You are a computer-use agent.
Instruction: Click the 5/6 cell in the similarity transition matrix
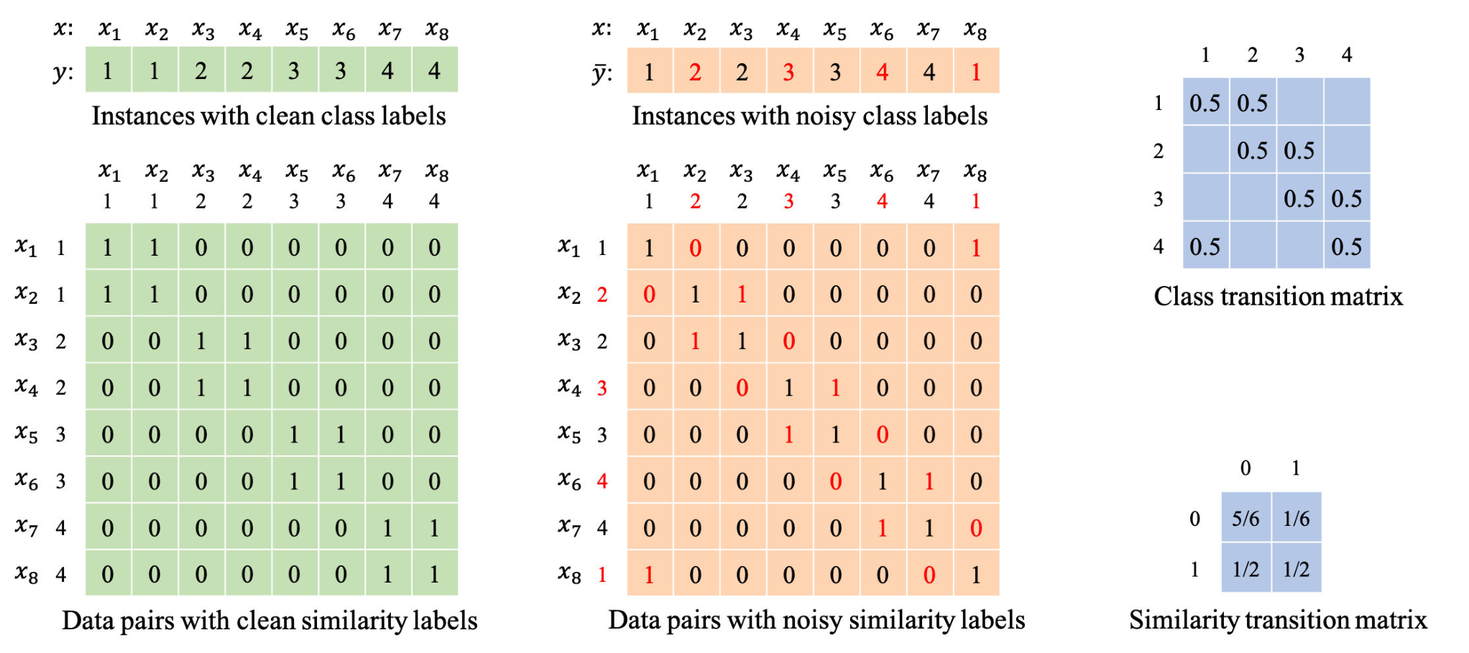click(x=1245, y=518)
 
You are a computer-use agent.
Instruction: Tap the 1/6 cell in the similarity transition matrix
click(x=1297, y=518)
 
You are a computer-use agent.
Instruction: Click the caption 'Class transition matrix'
click(x=1278, y=296)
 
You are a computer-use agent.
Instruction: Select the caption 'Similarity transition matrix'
click(x=1278, y=619)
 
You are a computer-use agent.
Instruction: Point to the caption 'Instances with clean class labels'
click(x=269, y=116)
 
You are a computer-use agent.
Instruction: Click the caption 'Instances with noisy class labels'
click(x=810, y=116)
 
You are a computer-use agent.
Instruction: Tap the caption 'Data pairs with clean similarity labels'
click(x=270, y=620)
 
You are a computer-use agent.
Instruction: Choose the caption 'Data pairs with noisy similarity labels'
click(x=816, y=620)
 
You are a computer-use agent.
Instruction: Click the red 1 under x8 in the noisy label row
click(x=976, y=71)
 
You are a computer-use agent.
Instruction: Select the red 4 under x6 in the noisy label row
click(x=883, y=71)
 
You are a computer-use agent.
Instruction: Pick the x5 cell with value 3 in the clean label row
click(x=294, y=70)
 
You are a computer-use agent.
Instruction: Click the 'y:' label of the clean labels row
click(x=63, y=73)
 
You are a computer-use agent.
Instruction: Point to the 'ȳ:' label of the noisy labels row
click(x=602, y=73)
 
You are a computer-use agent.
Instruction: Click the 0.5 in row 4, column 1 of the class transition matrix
click(x=1205, y=246)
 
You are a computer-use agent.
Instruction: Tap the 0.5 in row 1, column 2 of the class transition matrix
click(x=1253, y=103)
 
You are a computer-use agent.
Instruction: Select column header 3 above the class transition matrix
click(x=1299, y=55)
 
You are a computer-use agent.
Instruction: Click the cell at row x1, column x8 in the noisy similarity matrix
click(x=976, y=248)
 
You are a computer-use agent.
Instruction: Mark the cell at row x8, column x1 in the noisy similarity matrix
click(x=649, y=575)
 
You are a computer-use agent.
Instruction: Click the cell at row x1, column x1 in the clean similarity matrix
click(x=107, y=248)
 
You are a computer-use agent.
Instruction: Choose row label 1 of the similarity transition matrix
click(x=1194, y=570)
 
